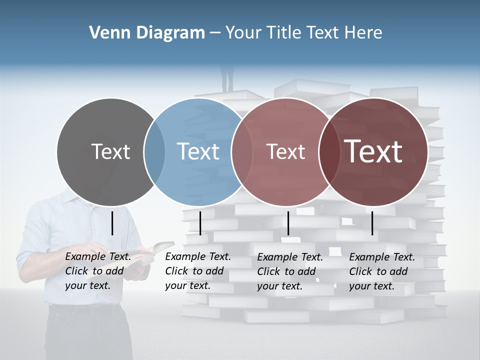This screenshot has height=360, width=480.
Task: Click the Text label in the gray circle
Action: tap(110, 151)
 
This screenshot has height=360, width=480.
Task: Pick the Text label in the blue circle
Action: tap(198, 151)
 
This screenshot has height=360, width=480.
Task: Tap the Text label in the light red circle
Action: tap(285, 151)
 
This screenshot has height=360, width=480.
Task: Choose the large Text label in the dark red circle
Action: tap(373, 151)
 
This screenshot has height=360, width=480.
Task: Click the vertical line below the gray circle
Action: tap(112, 223)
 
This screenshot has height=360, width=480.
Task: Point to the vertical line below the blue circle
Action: tap(200, 223)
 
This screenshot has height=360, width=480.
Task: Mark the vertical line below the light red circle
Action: tap(288, 223)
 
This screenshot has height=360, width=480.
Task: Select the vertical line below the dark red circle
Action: tap(372, 223)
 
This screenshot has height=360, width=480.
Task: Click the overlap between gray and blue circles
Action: tap(154, 151)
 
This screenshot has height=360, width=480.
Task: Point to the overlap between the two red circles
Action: tap(327, 151)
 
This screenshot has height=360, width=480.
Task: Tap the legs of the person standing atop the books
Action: tap(227, 80)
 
